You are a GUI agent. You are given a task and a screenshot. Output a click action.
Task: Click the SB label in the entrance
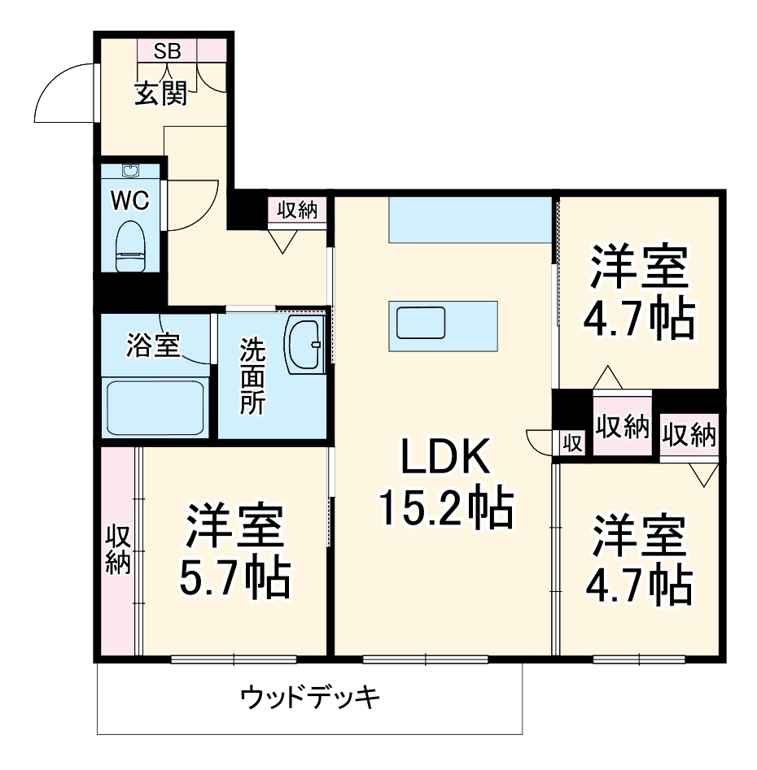[168, 51]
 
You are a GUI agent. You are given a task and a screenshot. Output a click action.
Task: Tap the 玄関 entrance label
[160, 94]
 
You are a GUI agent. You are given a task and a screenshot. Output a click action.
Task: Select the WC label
[130, 201]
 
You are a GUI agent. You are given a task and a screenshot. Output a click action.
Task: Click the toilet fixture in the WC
[130, 246]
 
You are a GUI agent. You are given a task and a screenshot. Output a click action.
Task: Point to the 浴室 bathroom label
[152, 346]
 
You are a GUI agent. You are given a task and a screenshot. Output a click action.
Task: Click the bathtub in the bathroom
[155, 407]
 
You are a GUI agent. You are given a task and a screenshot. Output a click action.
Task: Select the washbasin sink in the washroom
[304, 345]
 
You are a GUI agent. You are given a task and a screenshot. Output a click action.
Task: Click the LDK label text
[444, 460]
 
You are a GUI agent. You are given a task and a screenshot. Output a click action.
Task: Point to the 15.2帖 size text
[444, 508]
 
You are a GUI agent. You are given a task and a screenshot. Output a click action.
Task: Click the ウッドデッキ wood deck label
[310, 697]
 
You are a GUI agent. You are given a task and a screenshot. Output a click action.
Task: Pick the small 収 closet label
[572, 443]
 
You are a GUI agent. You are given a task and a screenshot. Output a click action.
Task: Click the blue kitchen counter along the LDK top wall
[470, 219]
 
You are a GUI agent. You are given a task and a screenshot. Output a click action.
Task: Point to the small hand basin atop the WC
[130, 172]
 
